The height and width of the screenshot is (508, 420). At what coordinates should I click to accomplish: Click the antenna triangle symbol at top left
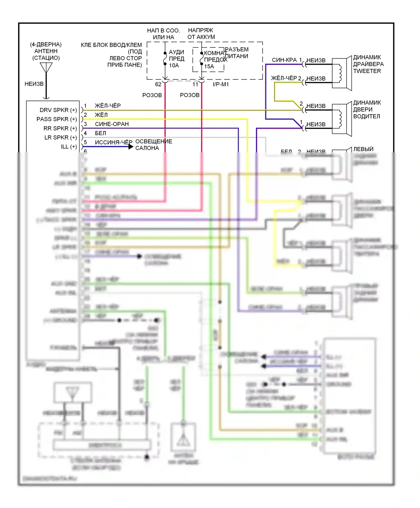pyautogui.click(x=46, y=67)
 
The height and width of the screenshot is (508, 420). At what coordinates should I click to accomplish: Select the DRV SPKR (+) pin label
pyautogui.click(x=58, y=110)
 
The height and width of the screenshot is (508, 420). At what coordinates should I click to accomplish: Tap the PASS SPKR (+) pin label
pyautogui.click(x=57, y=119)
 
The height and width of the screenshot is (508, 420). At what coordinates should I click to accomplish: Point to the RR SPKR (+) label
pyautogui.click(x=60, y=129)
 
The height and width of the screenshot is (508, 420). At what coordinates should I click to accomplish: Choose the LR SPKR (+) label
pyautogui.click(x=60, y=138)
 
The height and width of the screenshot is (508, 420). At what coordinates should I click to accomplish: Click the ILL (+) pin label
pyautogui.click(x=69, y=147)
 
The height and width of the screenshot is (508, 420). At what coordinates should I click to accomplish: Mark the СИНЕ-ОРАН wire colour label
pyautogui.click(x=112, y=124)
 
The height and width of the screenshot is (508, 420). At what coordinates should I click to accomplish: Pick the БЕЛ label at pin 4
pyautogui.click(x=100, y=133)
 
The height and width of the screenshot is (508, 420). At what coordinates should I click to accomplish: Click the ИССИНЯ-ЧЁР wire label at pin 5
pyautogui.click(x=113, y=143)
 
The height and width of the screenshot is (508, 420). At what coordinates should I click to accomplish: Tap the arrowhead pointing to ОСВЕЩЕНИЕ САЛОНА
pyautogui.click(x=130, y=146)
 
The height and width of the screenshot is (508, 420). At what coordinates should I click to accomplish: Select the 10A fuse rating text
pyautogui.click(x=174, y=66)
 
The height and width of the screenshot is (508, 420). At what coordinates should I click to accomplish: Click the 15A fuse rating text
pyautogui.click(x=209, y=67)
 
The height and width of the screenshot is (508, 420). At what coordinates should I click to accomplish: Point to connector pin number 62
pyautogui.click(x=158, y=84)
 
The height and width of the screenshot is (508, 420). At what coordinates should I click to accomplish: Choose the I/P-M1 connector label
pyautogui.click(x=221, y=84)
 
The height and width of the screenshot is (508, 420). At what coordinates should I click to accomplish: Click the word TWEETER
pyautogui.click(x=367, y=71)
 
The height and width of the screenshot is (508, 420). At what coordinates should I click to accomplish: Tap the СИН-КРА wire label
pyautogui.click(x=284, y=60)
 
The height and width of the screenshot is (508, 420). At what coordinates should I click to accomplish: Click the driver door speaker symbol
pyautogui.click(x=342, y=119)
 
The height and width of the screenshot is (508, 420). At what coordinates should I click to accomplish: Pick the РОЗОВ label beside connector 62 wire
pyautogui.click(x=152, y=95)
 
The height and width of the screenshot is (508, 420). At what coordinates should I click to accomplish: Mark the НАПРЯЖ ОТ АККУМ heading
pyautogui.click(x=201, y=34)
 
